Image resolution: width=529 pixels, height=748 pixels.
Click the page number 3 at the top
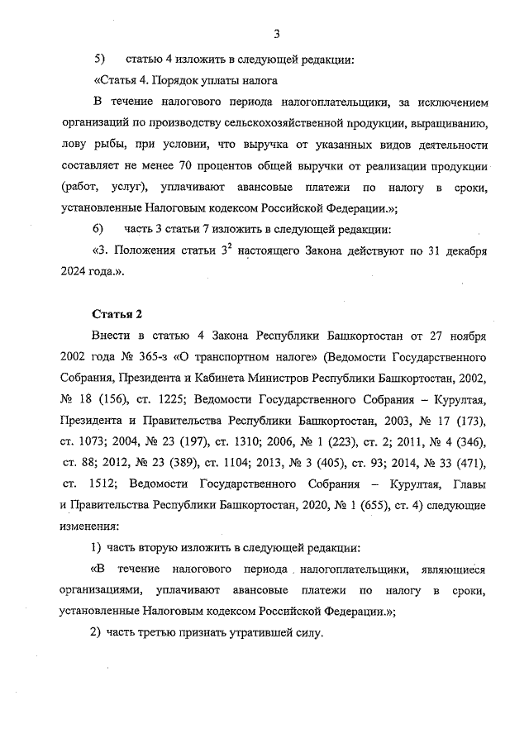tap(277, 33)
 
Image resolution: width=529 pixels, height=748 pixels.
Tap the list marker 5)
tap(99, 60)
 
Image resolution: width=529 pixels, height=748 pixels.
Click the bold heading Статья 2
tap(111, 315)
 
